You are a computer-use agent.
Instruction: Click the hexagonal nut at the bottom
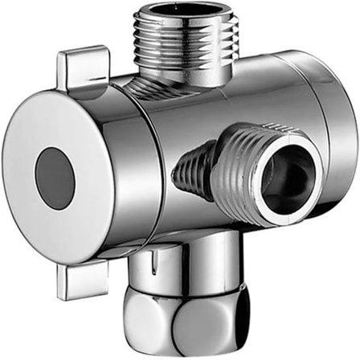click(185, 321)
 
